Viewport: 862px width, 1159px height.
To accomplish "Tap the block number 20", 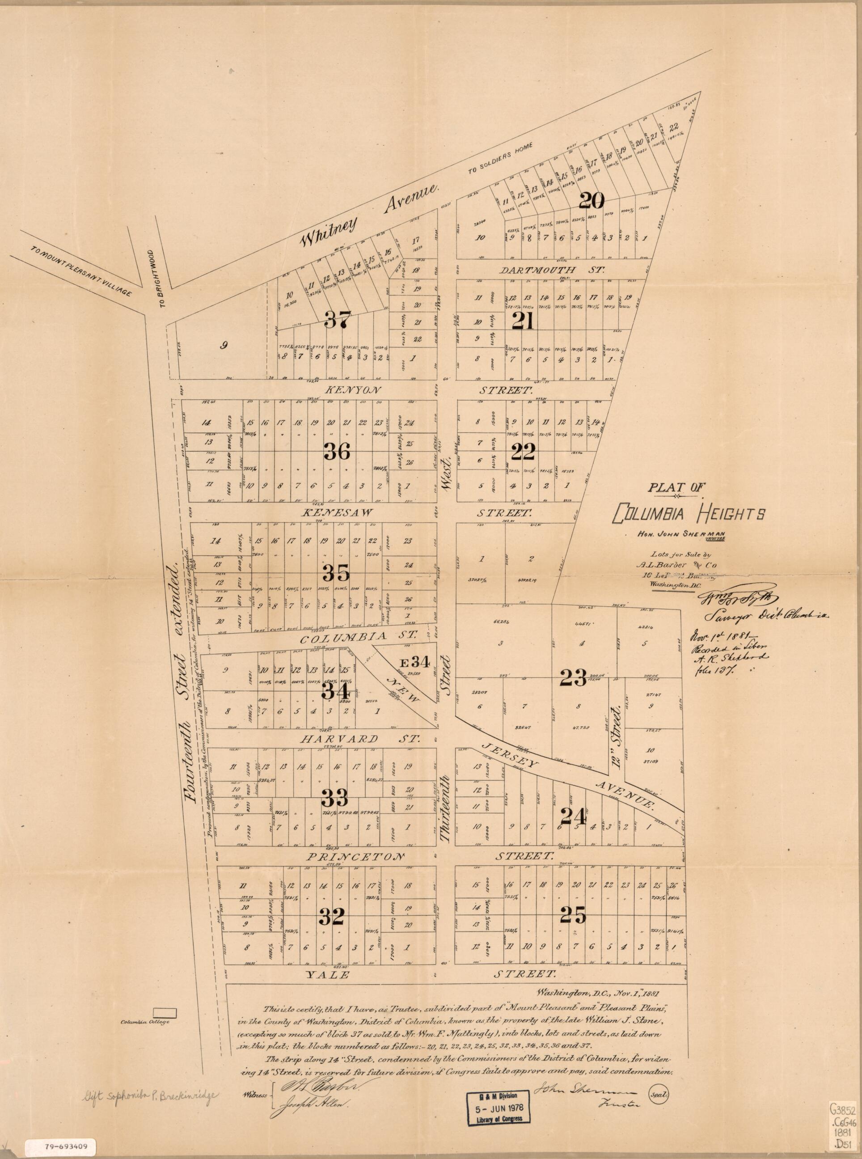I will point(591,200).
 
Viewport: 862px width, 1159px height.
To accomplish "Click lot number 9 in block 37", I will point(224,344).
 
